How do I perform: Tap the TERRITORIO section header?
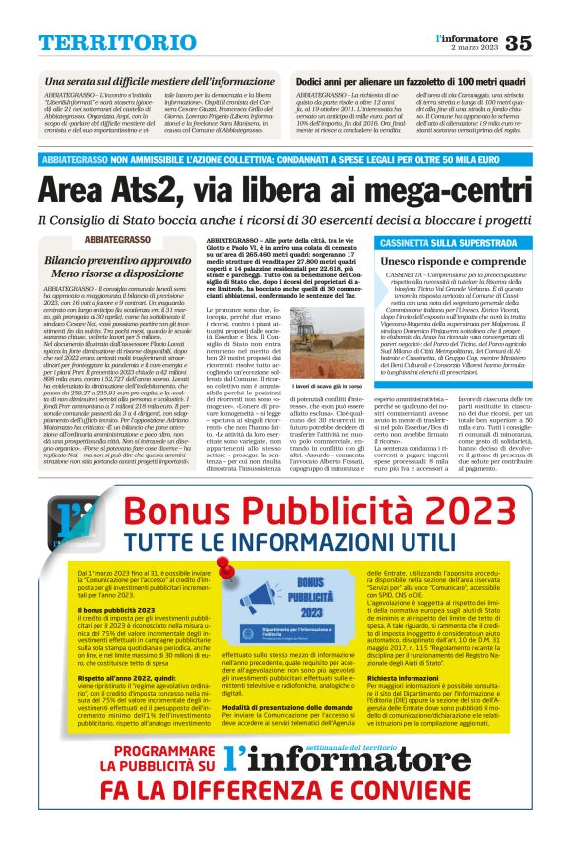tap(103, 42)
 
